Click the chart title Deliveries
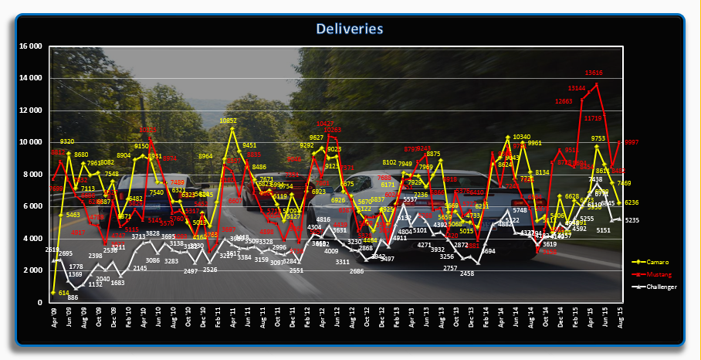coord(350,29)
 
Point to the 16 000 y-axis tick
coord(29,46)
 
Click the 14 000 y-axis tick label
coord(29,78)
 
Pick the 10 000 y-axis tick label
coord(29,142)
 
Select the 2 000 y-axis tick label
coord(32,270)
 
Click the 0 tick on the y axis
coord(41,303)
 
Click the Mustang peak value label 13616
coord(594,73)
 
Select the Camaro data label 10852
coord(229,121)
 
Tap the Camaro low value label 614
coord(64,293)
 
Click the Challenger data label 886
coord(73,297)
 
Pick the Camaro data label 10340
coord(522,138)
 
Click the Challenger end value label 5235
coord(632,221)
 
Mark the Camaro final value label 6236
coord(632,202)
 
